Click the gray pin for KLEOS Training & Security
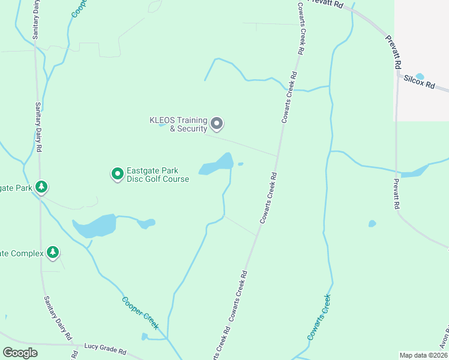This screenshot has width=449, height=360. click(x=217, y=124)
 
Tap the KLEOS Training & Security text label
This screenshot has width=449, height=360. click(x=178, y=124)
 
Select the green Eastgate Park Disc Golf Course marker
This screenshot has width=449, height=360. click(x=118, y=174)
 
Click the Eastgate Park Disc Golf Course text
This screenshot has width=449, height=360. click(x=158, y=175)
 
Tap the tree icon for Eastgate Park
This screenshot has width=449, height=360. click(x=41, y=187)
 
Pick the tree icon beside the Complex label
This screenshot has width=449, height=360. click(x=53, y=253)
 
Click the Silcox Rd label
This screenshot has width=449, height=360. click(x=418, y=82)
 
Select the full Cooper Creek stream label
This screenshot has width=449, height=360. click(x=140, y=313)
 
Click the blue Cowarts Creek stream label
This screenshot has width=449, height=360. click(x=319, y=317)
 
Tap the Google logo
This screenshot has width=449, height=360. click(x=20, y=353)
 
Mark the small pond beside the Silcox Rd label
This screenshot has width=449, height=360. click(x=420, y=76)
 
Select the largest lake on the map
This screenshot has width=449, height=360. click(x=95, y=226)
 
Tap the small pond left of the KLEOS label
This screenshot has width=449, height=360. click(x=161, y=125)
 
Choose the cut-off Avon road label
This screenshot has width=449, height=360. click(x=444, y=339)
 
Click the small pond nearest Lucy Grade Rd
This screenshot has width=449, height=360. click(x=144, y=336)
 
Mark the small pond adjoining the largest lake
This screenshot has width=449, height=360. click(x=145, y=224)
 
